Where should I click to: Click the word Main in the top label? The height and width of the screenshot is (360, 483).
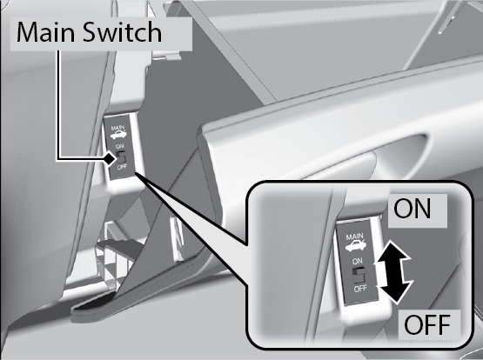(45, 32)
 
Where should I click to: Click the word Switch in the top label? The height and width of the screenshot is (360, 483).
(122, 31)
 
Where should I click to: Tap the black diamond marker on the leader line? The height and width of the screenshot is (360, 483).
(110, 159)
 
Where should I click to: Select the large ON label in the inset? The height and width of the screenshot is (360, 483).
(413, 209)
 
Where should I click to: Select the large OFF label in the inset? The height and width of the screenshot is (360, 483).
(427, 324)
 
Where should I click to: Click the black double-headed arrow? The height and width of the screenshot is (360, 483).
(392, 272)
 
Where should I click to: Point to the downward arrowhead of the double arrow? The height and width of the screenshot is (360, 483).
(395, 292)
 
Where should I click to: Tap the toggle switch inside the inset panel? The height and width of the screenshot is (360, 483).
(359, 275)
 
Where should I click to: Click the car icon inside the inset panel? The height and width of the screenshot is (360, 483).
(356, 246)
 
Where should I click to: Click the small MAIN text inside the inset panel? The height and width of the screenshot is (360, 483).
(354, 237)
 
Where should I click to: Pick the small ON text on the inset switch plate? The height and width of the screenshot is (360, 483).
(358, 261)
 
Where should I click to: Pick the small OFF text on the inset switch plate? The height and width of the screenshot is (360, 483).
(360, 289)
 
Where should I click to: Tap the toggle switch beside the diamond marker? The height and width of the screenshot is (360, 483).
(121, 157)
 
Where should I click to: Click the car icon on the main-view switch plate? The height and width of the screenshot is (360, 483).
(118, 135)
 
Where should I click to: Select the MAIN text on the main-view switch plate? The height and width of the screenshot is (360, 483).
(117, 127)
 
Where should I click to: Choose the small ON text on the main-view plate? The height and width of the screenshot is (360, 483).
(119, 146)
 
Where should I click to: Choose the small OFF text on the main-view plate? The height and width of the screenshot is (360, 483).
(122, 167)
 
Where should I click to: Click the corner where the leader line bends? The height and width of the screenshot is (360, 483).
(58, 159)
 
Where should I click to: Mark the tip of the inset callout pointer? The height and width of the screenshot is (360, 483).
(136, 173)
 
